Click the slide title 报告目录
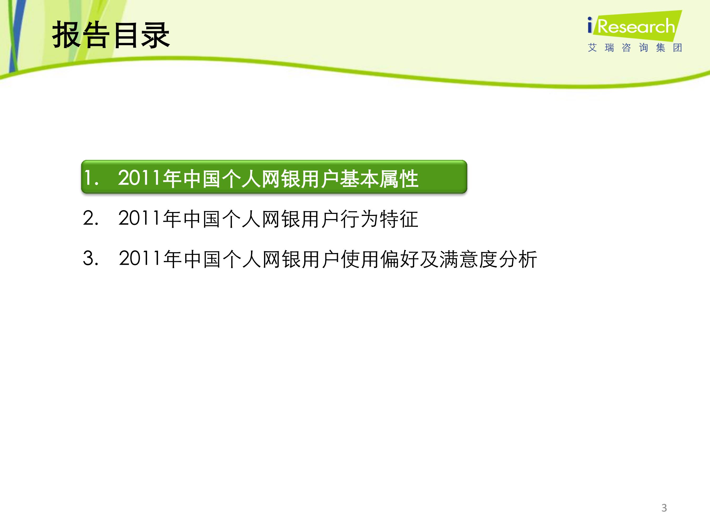click(111, 35)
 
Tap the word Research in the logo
click(636, 26)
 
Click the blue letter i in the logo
click(590, 25)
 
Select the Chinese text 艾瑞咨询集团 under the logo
click(635, 48)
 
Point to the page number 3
click(664, 508)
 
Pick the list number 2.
click(90, 218)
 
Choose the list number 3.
click(90, 258)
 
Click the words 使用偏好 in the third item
click(380, 259)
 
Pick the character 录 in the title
click(156, 35)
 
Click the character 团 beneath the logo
click(678, 48)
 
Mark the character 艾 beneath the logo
click(592, 48)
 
